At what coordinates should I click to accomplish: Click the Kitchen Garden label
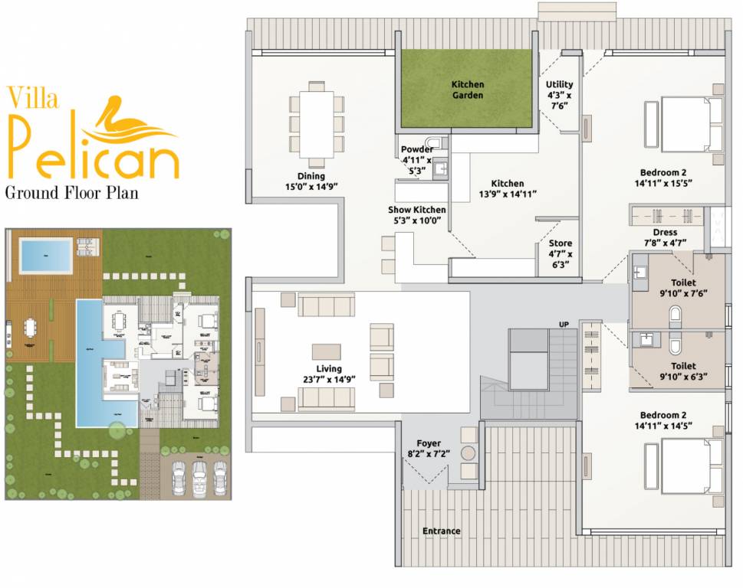(467, 90)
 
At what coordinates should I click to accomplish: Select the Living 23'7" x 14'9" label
(329, 374)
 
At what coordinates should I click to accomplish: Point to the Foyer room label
(429, 449)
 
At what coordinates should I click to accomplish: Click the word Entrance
(442, 531)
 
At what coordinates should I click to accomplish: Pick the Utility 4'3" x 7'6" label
(559, 95)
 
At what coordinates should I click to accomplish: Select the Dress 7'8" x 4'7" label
(665, 237)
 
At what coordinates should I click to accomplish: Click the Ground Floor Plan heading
(72, 191)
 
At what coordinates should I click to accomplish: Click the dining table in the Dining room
(316, 122)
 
